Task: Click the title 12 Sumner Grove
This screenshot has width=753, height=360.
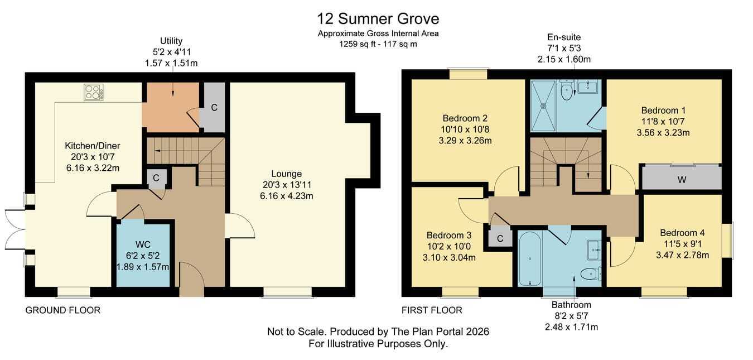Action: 378,18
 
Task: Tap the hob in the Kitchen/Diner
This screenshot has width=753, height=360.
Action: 94,92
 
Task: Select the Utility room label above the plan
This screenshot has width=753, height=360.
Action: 171,41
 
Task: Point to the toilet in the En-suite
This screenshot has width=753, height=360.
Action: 567,90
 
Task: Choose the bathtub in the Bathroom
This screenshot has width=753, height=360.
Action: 530,258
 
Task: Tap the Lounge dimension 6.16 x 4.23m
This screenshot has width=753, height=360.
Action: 286,196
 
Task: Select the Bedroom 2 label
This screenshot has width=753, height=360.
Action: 465,118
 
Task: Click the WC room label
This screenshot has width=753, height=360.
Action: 143,244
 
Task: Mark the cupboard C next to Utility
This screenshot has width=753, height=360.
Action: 214,107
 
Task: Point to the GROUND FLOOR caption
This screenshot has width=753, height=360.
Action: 63,310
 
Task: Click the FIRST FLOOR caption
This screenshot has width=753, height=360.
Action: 432,310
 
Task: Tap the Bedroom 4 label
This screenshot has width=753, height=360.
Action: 682,233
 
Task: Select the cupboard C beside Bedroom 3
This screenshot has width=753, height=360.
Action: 500,238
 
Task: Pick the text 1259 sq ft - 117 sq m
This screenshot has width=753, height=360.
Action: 378,44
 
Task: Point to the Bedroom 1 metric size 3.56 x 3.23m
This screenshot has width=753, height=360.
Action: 663,133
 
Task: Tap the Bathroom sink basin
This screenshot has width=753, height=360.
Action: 594,250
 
